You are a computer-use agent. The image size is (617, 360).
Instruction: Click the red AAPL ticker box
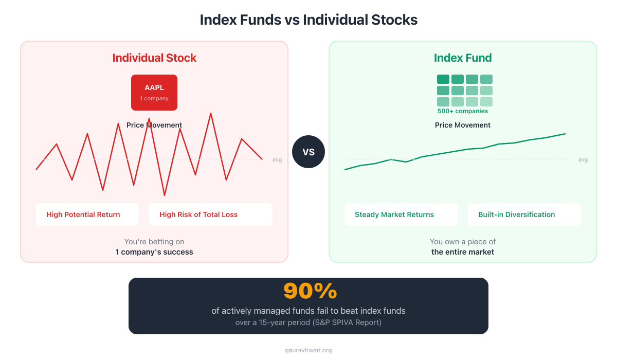tap(154, 93)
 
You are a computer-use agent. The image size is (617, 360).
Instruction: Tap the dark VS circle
tap(308, 152)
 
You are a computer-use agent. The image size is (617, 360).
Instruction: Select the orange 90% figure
tap(310, 291)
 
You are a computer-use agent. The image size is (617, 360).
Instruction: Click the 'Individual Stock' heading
tap(154, 58)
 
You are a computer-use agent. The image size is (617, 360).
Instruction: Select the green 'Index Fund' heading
tap(463, 58)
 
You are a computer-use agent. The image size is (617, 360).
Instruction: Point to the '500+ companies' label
tap(463, 111)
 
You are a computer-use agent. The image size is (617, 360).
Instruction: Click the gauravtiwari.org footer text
tap(308, 350)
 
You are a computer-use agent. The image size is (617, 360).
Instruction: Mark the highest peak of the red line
tap(211, 113)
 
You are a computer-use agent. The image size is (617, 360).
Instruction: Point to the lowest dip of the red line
tap(165, 195)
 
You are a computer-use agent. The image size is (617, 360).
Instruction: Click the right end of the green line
tap(565, 134)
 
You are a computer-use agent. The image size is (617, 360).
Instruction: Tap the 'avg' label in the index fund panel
tap(583, 159)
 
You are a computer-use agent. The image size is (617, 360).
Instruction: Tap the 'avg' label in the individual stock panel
tap(277, 159)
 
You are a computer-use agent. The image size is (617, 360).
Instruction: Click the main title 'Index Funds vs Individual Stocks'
tap(308, 20)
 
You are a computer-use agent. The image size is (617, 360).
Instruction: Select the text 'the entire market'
tap(463, 252)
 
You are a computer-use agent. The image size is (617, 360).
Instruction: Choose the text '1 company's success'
tap(154, 252)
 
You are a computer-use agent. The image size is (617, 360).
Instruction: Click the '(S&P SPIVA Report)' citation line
tap(308, 323)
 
